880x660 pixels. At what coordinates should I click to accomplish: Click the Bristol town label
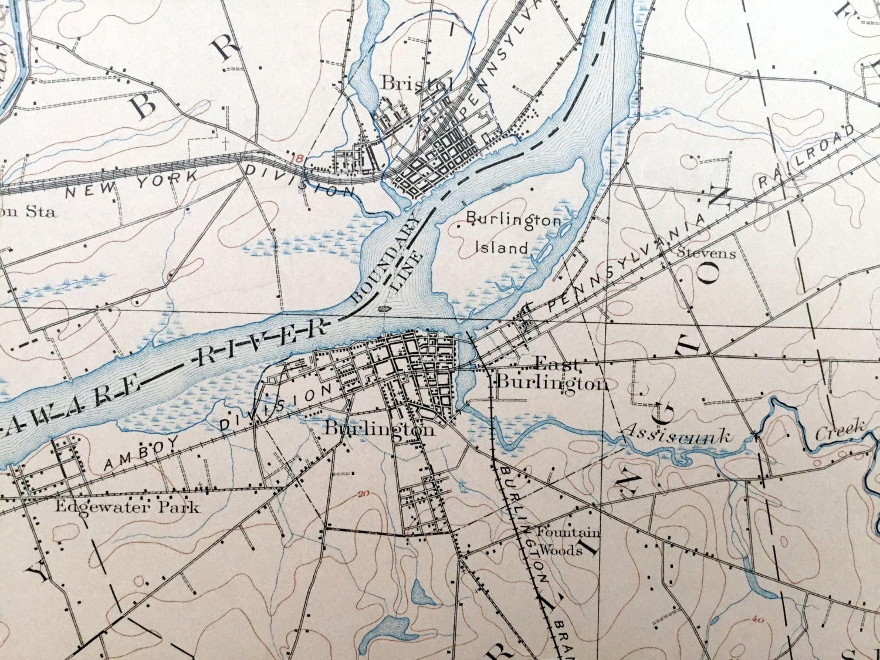pos(417,83)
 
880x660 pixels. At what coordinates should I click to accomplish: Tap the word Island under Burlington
pos(501,248)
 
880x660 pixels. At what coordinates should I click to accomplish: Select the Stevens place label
pos(706,253)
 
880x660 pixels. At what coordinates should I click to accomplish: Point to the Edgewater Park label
pos(127,507)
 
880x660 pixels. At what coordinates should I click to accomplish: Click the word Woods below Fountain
pos(560,551)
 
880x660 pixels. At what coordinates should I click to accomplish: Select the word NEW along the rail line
pos(89,191)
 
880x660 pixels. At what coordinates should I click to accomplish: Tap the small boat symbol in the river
pos(383,307)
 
